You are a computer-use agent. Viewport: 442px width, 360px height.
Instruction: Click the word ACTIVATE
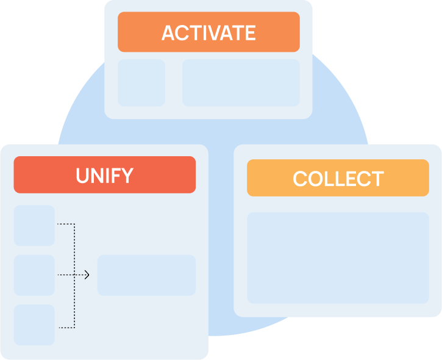point(208,33)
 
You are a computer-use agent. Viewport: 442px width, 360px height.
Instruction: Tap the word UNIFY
point(104,176)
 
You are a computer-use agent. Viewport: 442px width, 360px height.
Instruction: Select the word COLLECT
point(338,179)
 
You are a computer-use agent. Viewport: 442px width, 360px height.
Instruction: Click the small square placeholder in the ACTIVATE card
point(141,82)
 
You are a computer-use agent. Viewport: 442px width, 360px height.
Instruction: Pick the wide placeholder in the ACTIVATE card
point(241,82)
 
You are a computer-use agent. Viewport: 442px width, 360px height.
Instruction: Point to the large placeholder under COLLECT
point(338,257)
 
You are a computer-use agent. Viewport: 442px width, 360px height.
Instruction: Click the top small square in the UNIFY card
point(34,225)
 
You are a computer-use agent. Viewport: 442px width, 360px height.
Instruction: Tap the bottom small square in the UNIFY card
point(34,325)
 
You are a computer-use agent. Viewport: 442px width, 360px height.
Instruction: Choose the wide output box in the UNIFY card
point(146,275)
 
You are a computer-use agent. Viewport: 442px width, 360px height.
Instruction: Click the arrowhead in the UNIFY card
point(87,275)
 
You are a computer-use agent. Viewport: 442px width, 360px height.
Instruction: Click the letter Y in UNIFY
point(127,176)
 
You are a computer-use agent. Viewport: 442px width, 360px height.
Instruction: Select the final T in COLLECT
point(377,179)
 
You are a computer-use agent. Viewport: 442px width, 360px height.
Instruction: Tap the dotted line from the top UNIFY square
point(65,225)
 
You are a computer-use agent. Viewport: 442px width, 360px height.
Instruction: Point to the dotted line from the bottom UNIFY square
point(65,328)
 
